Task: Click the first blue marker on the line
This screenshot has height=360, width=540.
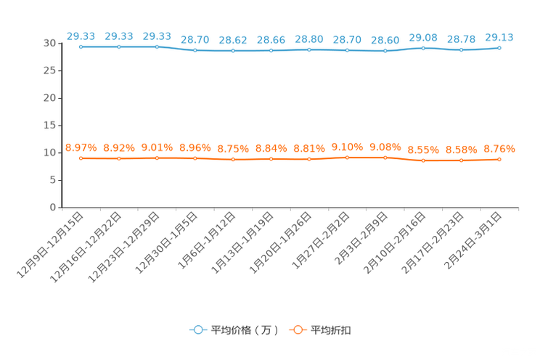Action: pyautogui.click(x=81, y=46)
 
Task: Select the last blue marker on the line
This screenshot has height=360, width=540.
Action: pyautogui.click(x=499, y=48)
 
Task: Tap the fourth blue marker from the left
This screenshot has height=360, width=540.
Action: pyautogui.click(x=195, y=51)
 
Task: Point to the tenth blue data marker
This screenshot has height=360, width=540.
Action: pyautogui.click(x=423, y=48)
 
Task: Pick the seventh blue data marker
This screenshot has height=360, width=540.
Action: pyautogui.click(x=309, y=50)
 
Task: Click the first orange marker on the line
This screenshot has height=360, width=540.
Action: pyautogui.click(x=81, y=157)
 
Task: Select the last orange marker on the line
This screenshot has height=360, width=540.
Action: pyautogui.click(x=499, y=160)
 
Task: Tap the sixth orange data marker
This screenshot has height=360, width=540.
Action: pyautogui.click(x=271, y=159)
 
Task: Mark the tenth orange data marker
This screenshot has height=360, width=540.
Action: pyautogui.click(x=423, y=160)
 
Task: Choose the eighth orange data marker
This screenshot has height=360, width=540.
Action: pyautogui.click(x=347, y=157)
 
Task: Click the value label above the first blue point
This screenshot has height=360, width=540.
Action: pyautogui.click(x=81, y=35)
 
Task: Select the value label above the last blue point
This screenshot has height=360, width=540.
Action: pyautogui.click(x=499, y=36)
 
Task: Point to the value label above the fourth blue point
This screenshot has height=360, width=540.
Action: pyautogui.click(x=195, y=39)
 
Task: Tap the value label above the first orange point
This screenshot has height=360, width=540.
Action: pyautogui.click(x=81, y=147)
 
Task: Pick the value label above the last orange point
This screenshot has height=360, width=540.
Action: pyautogui.click(x=499, y=149)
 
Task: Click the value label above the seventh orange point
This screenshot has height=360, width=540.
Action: pyautogui.click(x=309, y=148)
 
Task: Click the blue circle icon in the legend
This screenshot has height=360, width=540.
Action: pyautogui.click(x=198, y=330)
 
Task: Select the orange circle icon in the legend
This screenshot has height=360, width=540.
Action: pyautogui.click(x=297, y=330)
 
